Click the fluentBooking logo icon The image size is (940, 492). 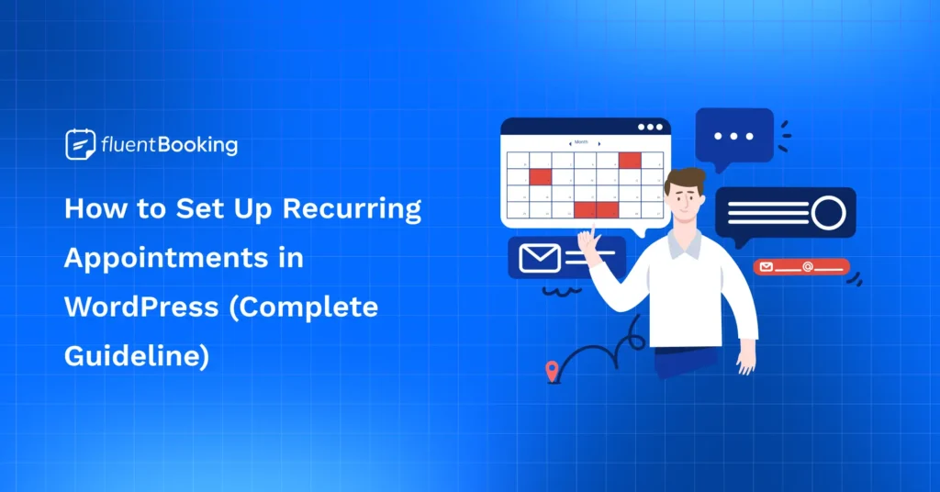pyautogui.click(x=80, y=145)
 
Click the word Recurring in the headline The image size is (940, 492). pyautogui.click(x=352, y=209)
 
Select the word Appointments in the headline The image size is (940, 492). pyautogui.click(x=160, y=258)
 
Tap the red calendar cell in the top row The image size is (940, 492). pyautogui.click(x=630, y=160)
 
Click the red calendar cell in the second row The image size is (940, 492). pyautogui.click(x=541, y=176)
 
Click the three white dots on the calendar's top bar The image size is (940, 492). pyautogui.click(x=649, y=128)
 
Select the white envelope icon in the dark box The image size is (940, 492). pyautogui.click(x=539, y=258)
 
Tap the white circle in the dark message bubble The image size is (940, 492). pyautogui.click(x=828, y=213)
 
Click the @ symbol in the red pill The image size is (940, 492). pyautogui.click(x=807, y=267)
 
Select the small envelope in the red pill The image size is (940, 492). pyautogui.click(x=767, y=267)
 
